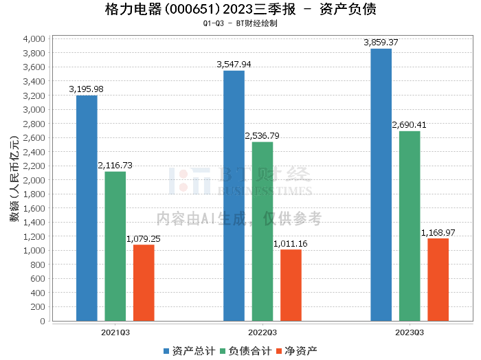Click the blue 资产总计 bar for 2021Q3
pos(87,208)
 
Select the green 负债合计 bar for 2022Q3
pos(262,232)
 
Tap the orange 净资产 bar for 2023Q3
pos(438,280)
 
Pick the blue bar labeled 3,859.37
pos(381,185)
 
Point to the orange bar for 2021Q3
pos(144,283)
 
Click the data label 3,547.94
pos(234,65)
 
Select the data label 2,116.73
pos(115,166)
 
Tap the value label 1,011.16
pos(290,244)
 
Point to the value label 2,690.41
pos(410,125)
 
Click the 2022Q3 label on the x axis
pos(262,333)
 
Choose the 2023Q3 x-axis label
pos(410,333)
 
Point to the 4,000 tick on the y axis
pos(34,39)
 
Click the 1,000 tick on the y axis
pos(34,251)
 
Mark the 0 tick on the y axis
pos(43,321)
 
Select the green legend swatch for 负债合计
pos(223,351)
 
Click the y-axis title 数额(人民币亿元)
pos(14,179)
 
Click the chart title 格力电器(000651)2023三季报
pos(201,9)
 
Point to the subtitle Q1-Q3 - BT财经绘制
pos(240,23)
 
